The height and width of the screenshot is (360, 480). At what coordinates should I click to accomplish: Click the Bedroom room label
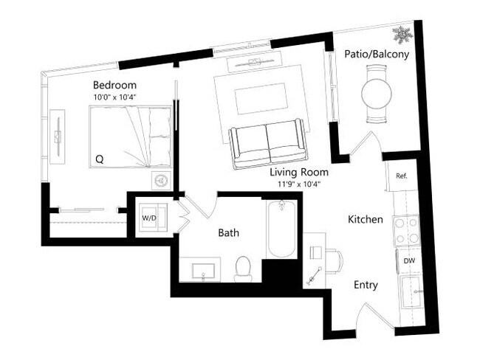click(x=114, y=85)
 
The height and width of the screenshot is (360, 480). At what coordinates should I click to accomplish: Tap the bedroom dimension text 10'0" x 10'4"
click(x=114, y=97)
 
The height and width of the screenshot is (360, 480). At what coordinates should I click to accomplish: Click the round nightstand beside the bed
click(x=162, y=180)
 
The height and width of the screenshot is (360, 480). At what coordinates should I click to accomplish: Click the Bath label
click(x=227, y=233)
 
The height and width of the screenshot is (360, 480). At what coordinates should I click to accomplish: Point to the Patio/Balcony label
click(x=377, y=54)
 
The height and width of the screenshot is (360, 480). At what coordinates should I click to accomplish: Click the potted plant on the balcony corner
click(x=401, y=33)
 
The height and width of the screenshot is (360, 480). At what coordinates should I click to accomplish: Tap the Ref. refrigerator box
click(x=402, y=176)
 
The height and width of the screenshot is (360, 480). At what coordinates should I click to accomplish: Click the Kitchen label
click(x=365, y=219)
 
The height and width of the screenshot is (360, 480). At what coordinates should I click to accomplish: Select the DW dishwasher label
click(x=408, y=260)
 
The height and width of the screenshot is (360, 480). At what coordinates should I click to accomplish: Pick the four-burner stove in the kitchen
click(x=407, y=231)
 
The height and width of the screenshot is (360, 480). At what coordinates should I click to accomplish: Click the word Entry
click(x=366, y=285)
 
